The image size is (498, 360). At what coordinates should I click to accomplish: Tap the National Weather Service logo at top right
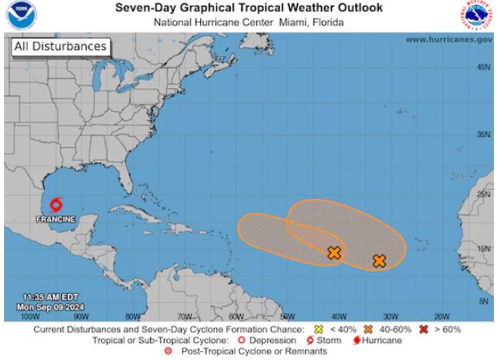(x=479, y=16)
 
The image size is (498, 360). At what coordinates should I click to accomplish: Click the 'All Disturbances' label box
(x=60, y=47)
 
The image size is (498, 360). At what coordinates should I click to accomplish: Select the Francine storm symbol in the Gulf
(x=56, y=206)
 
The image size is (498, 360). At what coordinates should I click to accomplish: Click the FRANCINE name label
(x=56, y=220)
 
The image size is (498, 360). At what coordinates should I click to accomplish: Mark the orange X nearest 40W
(x=334, y=253)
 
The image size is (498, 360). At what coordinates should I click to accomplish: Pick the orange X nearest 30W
(x=379, y=261)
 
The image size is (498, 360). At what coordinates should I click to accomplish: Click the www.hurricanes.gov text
(x=447, y=39)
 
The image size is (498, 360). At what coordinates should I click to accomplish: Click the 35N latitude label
(x=483, y=135)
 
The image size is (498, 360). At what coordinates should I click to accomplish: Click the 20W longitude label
(x=442, y=315)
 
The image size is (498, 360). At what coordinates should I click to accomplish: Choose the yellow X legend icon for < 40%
(x=331, y=329)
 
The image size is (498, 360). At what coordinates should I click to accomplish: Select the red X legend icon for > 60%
(x=425, y=329)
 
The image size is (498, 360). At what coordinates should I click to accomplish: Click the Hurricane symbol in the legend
(x=356, y=340)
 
